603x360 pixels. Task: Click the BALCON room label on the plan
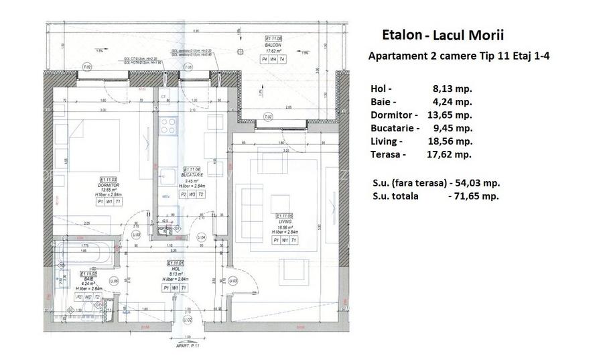click(x=272, y=45)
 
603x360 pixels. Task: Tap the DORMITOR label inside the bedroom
click(x=109, y=185)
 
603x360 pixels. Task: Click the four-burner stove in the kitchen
click(x=167, y=125)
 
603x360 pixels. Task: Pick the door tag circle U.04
click(x=200, y=237)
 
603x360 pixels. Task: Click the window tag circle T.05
click(x=188, y=68)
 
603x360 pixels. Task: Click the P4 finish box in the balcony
click(x=264, y=59)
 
